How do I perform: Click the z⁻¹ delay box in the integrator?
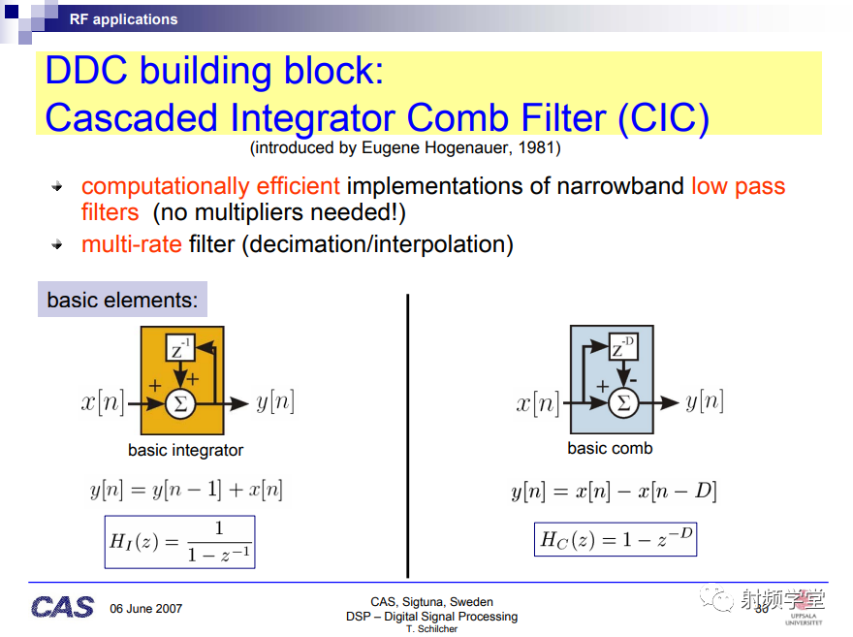180,348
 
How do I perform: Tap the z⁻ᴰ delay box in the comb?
623,346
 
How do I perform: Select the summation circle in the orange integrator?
180,403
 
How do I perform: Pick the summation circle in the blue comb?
623,403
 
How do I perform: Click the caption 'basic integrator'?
185,451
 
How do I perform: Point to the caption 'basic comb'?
610,448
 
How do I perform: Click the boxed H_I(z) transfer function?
179,542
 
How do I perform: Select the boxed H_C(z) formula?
616,539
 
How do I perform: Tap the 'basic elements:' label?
122,300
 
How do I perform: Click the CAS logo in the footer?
63,607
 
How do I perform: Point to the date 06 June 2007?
145,609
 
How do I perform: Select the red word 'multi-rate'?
132,244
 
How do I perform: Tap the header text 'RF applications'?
123,19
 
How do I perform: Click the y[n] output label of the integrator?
275,402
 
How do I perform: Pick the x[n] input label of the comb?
538,403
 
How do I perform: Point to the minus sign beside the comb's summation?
633,380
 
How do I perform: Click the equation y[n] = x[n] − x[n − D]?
615,492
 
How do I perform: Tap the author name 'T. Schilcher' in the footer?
432,629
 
